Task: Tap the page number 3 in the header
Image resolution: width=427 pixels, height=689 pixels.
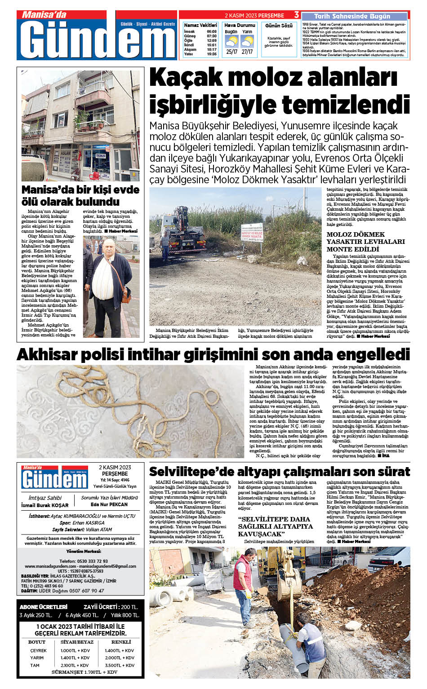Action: coord(297,15)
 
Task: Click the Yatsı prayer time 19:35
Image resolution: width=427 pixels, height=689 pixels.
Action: coord(212,54)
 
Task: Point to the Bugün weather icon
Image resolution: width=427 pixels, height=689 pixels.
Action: coord(231,42)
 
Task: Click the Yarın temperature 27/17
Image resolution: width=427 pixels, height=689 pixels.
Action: coord(247,52)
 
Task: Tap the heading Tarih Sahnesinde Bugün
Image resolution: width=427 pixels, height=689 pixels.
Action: coord(352,16)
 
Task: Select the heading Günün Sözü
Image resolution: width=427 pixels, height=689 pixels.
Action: coord(279,26)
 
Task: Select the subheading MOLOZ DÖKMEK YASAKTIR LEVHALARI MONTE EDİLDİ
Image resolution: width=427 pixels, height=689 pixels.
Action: coord(365,242)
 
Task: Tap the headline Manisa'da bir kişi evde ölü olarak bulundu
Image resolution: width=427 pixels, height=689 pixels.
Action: coord(80,195)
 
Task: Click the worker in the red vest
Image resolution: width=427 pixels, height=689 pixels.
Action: coord(243,584)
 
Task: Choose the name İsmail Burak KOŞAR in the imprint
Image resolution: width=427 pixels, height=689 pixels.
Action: coord(45,505)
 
